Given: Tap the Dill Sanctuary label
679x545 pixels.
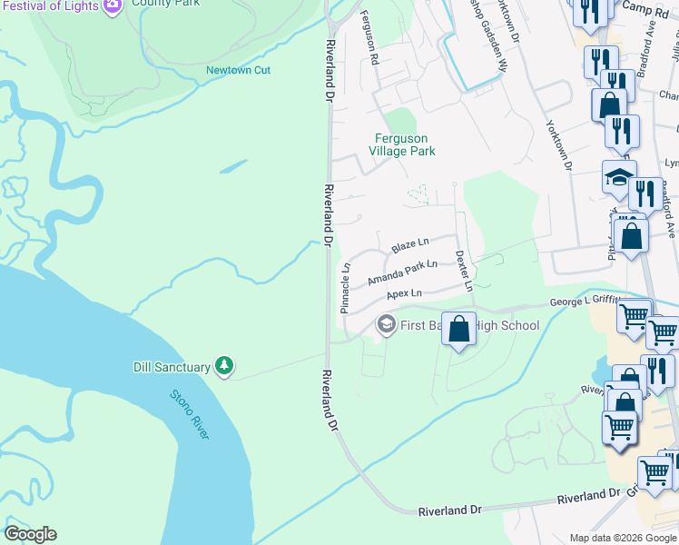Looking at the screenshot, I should [x=172, y=366].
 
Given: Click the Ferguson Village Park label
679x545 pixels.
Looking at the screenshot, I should [x=406, y=144].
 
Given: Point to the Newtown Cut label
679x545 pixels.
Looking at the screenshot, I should [x=239, y=70].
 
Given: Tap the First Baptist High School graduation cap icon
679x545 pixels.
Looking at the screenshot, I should [x=386, y=325].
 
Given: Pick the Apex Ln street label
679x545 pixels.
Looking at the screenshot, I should [x=404, y=294].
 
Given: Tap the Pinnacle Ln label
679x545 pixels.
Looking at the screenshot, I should [x=345, y=288].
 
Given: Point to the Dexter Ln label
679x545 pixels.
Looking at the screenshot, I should [x=463, y=271].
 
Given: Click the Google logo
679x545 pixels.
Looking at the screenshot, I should [x=30, y=534].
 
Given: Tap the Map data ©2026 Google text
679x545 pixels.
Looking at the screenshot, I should [x=623, y=538].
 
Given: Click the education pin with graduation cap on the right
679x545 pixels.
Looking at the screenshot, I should [x=619, y=177].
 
